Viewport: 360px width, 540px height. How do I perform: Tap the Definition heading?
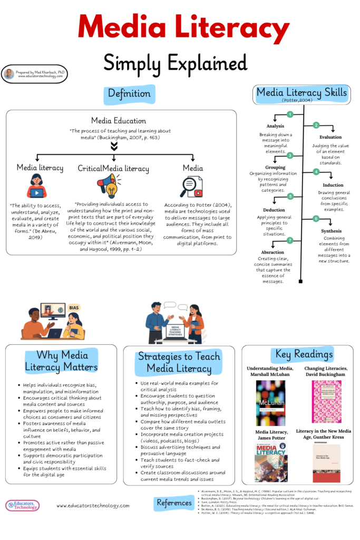pos(129,94)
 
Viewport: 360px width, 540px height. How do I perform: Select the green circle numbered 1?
pos(289,114)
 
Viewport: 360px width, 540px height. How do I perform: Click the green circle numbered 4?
pos(316,172)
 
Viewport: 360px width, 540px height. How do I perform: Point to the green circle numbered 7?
pos(289,240)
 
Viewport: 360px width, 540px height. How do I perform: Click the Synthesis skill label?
pos(331,231)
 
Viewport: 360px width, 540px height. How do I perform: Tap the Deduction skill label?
pos(274,209)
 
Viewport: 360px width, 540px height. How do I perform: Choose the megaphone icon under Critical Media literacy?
pos(109,186)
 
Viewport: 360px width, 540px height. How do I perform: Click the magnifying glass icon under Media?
pos(191,186)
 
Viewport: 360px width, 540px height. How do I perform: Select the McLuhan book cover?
pos(270,403)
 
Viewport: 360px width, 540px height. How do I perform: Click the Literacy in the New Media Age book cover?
pos(326,462)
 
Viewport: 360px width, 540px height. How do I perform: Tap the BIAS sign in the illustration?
pos(74,307)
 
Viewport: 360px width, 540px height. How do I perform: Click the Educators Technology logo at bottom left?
pos(23,505)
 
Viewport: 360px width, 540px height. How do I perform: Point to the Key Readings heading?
pos(301,354)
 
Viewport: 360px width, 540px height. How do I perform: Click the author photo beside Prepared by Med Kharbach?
pos(9,74)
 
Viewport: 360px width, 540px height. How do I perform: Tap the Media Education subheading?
pos(119,121)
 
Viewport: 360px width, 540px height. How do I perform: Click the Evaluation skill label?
pos(330,137)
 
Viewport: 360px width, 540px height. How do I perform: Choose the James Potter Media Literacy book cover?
pos(270,462)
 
